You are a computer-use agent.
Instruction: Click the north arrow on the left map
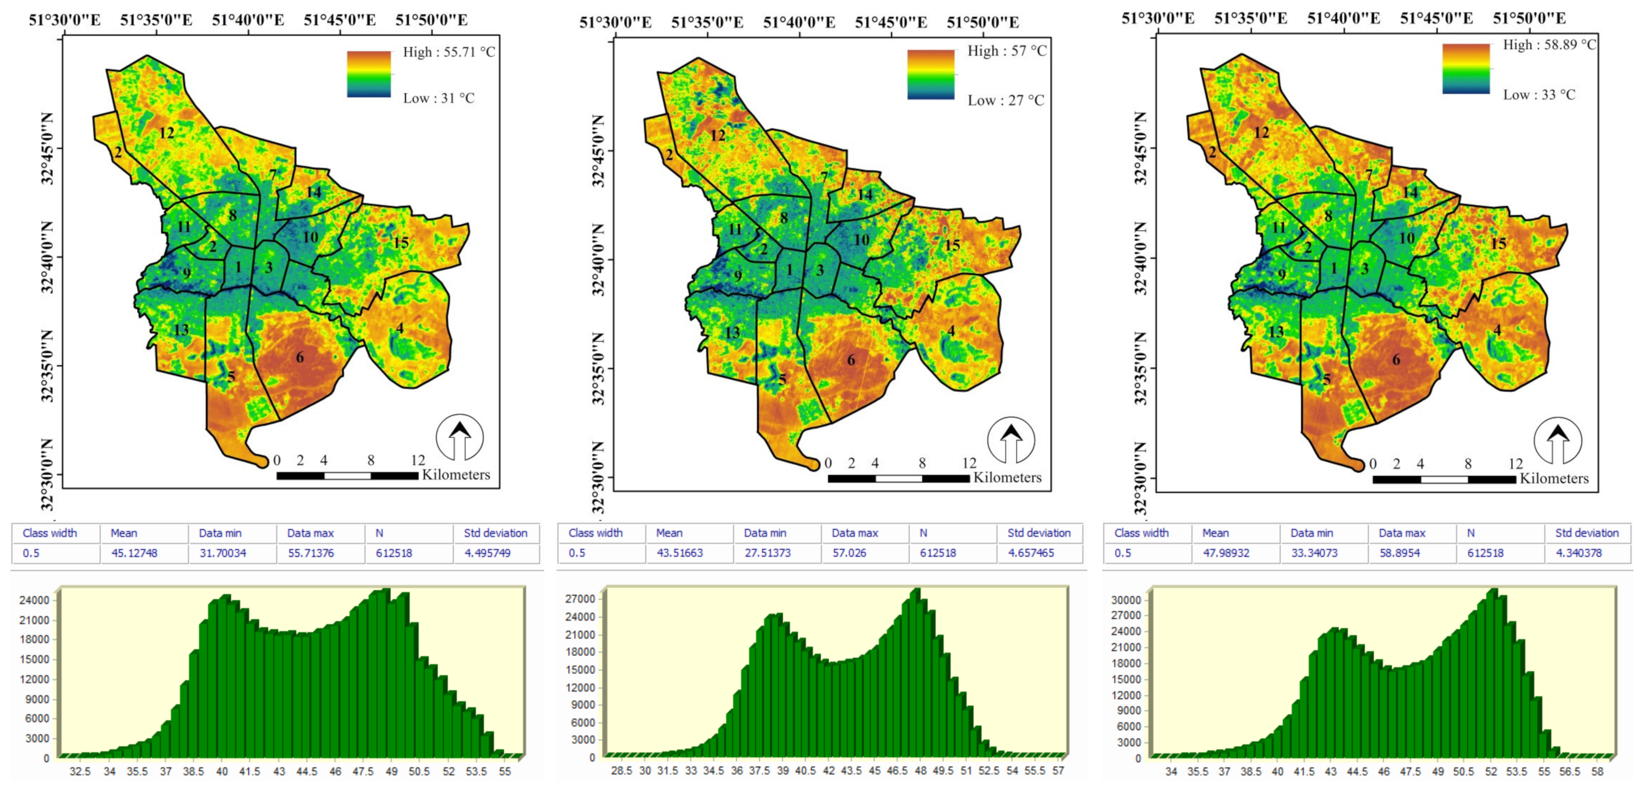(460, 438)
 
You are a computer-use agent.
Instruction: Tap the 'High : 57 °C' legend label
(1006, 51)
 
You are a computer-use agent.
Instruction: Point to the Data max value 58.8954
(1400, 553)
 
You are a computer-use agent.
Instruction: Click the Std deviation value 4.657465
(1031, 553)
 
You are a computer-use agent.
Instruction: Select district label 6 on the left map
(299, 357)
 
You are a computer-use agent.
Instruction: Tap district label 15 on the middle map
(952, 246)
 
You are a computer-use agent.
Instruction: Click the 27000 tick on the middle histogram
(580, 599)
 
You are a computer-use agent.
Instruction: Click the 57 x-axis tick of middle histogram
(1058, 771)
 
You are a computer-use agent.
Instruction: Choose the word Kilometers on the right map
(1554, 478)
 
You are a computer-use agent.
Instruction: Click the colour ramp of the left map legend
(368, 74)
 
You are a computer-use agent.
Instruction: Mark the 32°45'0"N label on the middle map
(598, 151)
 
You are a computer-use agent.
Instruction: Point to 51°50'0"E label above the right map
(1529, 18)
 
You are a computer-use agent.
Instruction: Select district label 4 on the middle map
(951, 331)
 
